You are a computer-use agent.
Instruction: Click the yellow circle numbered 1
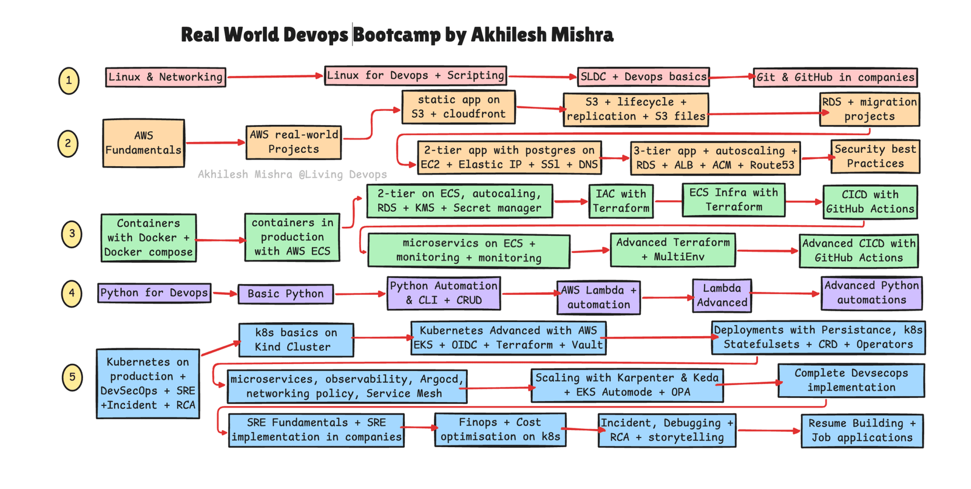click(x=69, y=81)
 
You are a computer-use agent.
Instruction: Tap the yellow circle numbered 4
click(x=72, y=294)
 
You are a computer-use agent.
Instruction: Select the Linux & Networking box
click(x=166, y=77)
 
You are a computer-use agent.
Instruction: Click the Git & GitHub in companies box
click(x=835, y=78)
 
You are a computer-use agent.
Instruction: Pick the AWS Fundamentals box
click(x=143, y=143)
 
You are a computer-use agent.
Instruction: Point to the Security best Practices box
click(x=875, y=157)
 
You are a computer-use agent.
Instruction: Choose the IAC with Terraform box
click(x=621, y=201)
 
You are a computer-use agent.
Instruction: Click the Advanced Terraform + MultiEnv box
click(x=673, y=250)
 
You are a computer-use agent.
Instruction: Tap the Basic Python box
click(x=286, y=294)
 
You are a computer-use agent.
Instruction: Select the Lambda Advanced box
click(x=722, y=295)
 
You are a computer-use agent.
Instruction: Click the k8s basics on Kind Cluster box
click(x=296, y=340)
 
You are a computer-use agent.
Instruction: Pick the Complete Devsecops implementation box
click(x=851, y=380)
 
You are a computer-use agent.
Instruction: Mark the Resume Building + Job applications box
click(x=862, y=431)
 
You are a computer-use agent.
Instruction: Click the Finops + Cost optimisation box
click(x=500, y=430)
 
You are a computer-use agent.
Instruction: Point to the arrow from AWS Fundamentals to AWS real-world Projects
click(x=215, y=143)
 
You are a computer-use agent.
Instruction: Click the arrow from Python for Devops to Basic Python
click(x=225, y=294)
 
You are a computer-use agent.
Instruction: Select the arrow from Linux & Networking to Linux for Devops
click(x=276, y=76)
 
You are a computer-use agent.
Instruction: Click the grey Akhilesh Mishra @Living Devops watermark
click(x=292, y=175)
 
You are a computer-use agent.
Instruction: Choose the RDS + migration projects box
click(x=870, y=109)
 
